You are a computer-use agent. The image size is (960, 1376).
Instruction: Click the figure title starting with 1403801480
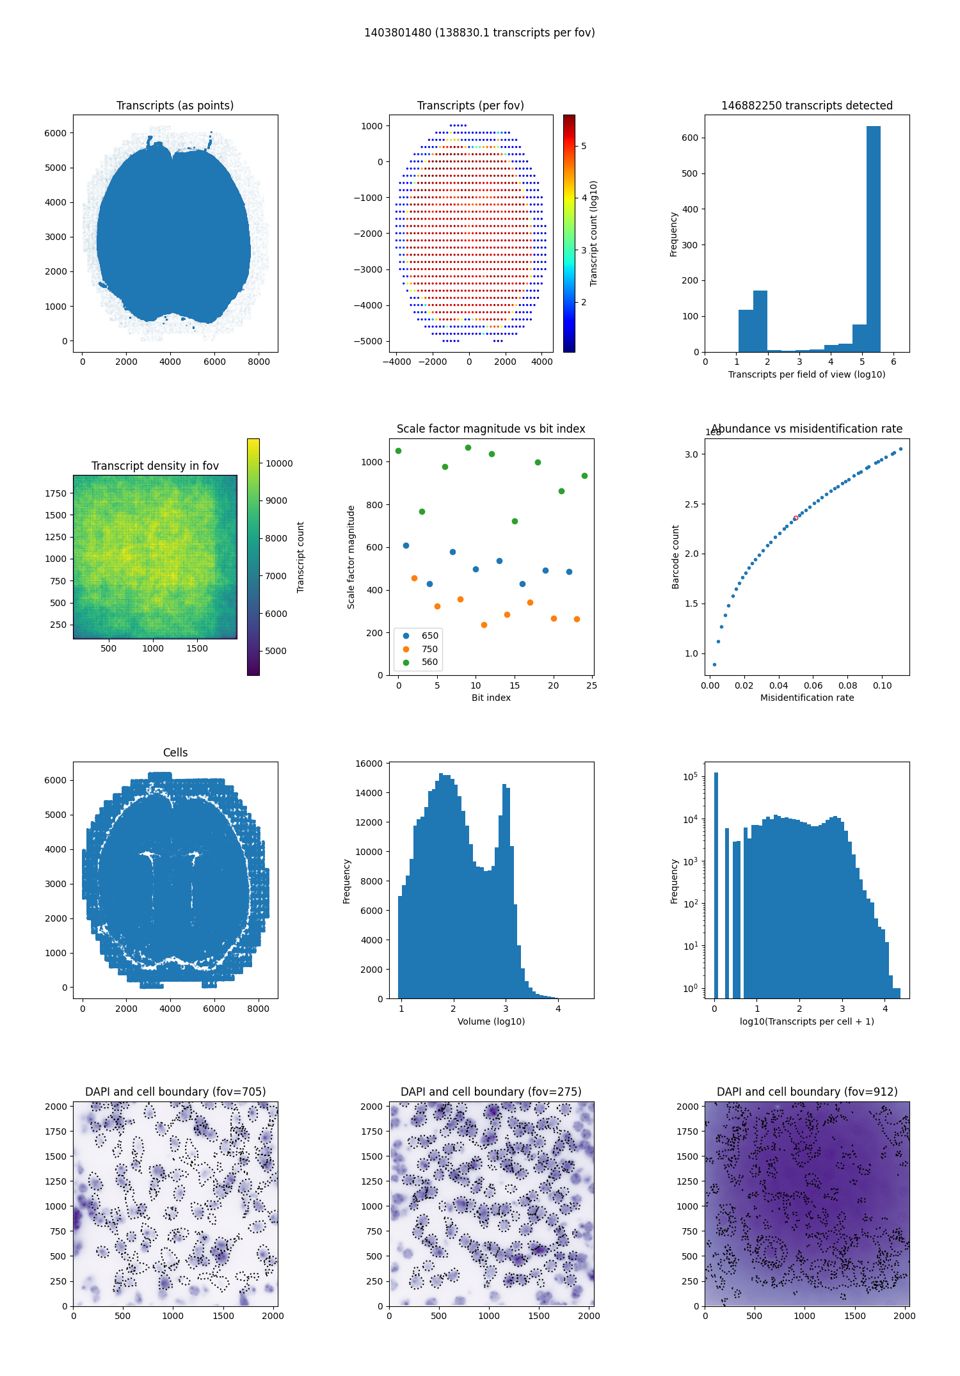pyautogui.click(x=479, y=33)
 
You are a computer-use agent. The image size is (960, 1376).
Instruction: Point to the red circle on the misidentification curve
pyautogui.click(x=796, y=518)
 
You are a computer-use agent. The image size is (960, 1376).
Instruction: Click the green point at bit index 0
pyautogui.click(x=398, y=451)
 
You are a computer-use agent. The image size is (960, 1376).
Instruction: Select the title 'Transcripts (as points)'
pyautogui.click(x=175, y=106)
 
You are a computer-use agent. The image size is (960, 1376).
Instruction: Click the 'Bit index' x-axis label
pyautogui.click(x=491, y=698)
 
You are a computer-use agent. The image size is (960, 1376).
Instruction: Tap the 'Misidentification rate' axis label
pyautogui.click(x=806, y=698)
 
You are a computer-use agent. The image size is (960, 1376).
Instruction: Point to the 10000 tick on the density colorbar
pyautogui.click(x=279, y=463)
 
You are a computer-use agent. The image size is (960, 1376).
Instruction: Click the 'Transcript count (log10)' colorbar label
pyautogui.click(x=593, y=233)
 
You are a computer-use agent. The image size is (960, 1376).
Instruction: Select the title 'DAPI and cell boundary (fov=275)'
pyautogui.click(x=491, y=1092)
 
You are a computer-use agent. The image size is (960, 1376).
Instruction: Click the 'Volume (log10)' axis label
pyautogui.click(x=491, y=1021)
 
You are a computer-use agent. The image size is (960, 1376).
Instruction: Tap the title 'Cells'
pyautogui.click(x=175, y=753)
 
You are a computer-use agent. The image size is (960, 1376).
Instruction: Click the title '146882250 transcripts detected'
pyautogui.click(x=806, y=106)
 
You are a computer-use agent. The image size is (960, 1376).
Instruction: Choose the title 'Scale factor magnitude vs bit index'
pyautogui.click(x=491, y=429)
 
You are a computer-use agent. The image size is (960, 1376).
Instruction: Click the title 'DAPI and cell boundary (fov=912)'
pyautogui.click(x=806, y=1092)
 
